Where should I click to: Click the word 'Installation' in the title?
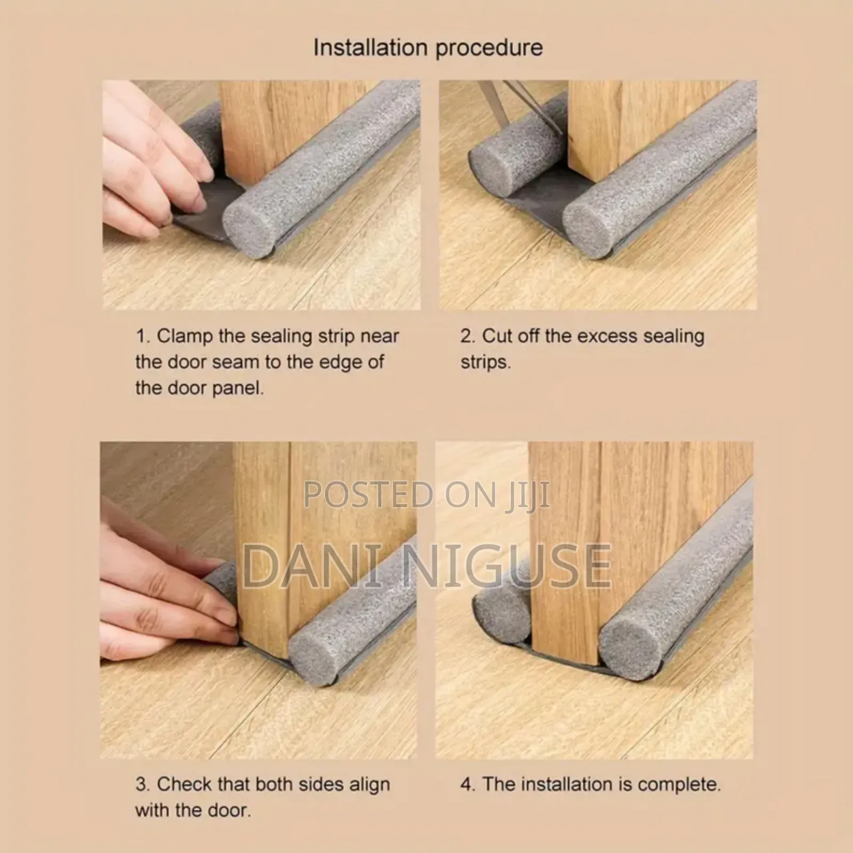pyautogui.click(x=371, y=48)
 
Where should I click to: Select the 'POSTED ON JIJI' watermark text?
pyautogui.click(x=426, y=495)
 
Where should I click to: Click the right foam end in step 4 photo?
pyautogui.click(x=630, y=653)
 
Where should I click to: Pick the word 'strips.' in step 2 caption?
pyautogui.click(x=486, y=363)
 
